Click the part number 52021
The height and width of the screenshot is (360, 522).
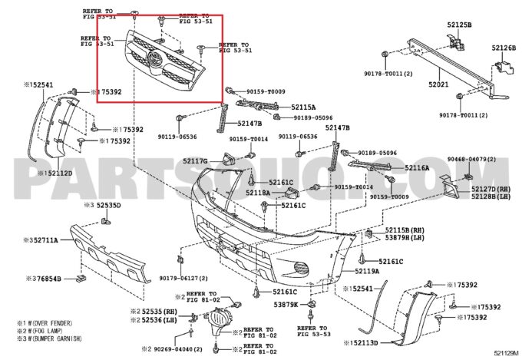tap(439, 84)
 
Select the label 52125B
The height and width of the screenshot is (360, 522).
tap(460, 25)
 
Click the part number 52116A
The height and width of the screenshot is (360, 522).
tap(417, 167)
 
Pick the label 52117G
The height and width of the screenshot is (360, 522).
tap(196, 161)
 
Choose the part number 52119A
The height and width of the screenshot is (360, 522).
tap(367, 271)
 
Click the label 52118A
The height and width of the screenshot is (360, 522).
tap(258, 193)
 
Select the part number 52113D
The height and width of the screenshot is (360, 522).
tap(362, 343)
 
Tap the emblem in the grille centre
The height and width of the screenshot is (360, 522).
tap(154, 60)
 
